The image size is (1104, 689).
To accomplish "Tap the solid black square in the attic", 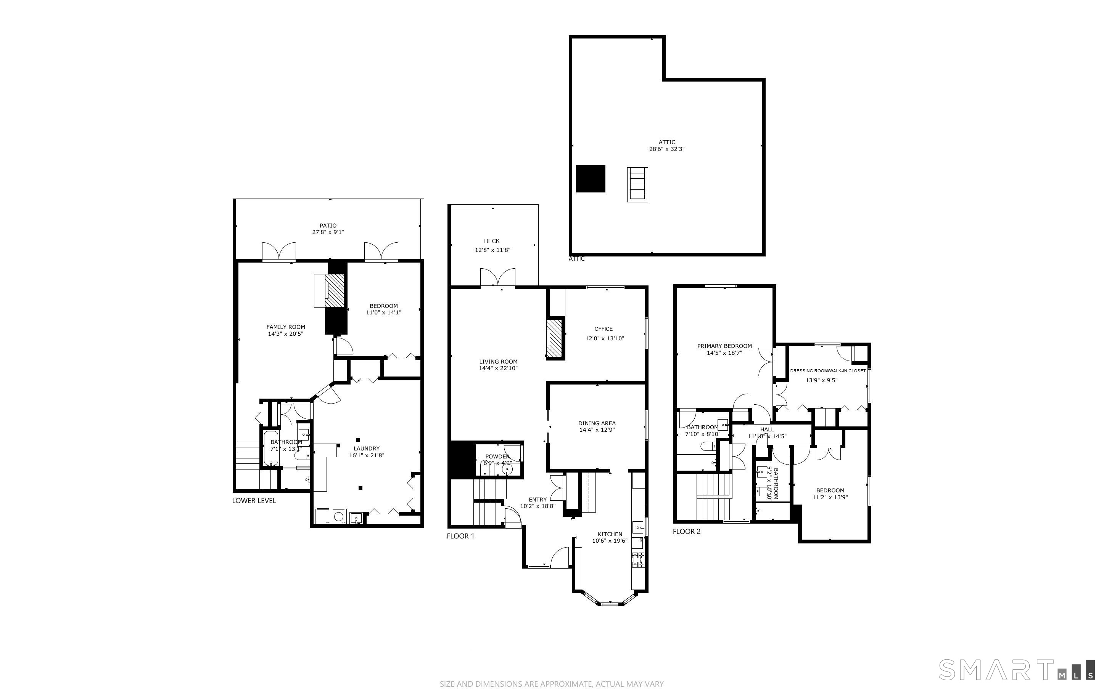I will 591,179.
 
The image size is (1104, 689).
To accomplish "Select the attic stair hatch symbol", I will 637,184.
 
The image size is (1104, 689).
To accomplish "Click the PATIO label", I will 328,226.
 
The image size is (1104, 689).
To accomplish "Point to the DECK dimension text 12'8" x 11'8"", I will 492,250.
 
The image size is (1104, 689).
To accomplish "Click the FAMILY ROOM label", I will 285,327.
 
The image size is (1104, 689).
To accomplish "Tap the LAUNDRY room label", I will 367,449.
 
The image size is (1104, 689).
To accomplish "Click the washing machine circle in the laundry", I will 338,516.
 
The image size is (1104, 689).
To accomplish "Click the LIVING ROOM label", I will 498,361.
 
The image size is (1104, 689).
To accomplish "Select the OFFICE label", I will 603,328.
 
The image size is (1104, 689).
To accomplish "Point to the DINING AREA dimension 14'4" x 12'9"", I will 597,430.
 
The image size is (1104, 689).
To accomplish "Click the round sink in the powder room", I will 507,469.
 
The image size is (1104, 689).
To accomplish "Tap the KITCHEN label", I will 610,534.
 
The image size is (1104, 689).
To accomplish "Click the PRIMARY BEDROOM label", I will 724,346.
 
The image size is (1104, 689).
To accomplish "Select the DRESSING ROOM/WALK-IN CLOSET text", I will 828,371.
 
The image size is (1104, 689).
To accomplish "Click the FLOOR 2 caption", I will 686,531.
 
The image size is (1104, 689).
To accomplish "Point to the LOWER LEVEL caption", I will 254,500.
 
